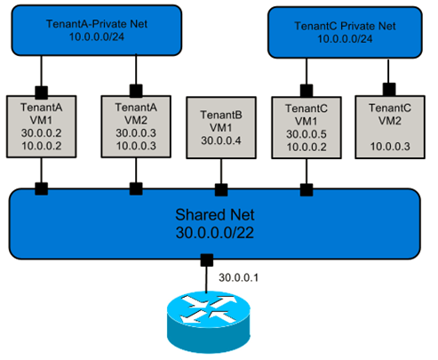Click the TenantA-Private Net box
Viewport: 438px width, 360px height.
(x=97, y=30)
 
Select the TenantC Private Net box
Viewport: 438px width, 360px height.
(x=345, y=32)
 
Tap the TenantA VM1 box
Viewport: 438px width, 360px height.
(x=42, y=126)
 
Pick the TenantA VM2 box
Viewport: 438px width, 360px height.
(x=136, y=126)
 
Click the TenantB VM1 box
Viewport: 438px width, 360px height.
(x=221, y=128)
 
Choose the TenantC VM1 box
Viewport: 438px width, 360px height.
(x=307, y=128)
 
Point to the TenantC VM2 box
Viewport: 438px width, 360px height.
(x=390, y=127)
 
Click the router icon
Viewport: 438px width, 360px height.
(x=209, y=322)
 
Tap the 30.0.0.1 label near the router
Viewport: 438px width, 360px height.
(x=238, y=277)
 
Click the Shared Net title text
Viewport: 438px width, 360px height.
(x=215, y=215)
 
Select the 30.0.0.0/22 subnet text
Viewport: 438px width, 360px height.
(x=215, y=233)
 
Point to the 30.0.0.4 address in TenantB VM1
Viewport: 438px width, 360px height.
(x=221, y=140)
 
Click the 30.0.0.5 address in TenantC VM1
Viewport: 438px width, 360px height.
(x=307, y=134)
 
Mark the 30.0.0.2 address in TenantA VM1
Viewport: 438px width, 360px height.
(x=42, y=132)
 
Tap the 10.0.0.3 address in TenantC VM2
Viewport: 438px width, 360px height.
(x=390, y=147)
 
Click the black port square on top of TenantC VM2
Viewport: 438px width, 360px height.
(x=389, y=89)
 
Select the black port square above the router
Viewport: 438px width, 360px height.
(x=207, y=260)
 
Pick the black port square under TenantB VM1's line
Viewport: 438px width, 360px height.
(x=221, y=190)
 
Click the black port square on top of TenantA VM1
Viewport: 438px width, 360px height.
(x=42, y=92)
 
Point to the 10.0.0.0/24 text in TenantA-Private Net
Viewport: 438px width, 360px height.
(x=97, y=36)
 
